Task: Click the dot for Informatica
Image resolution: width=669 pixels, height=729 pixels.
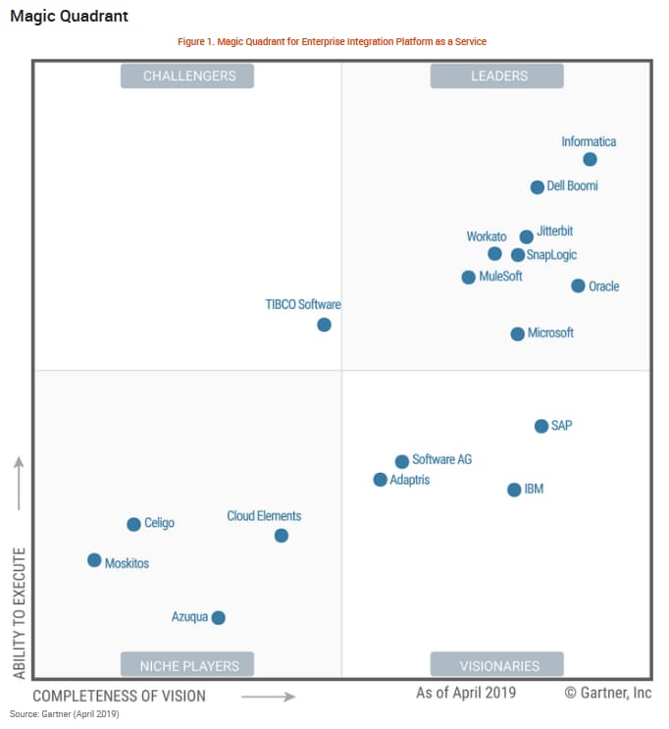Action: pos(590,159)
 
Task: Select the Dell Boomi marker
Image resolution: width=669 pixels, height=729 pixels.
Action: pos(538,187)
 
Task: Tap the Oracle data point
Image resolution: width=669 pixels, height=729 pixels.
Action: pos(579,286)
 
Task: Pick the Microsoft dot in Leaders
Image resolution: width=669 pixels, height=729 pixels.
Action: pos(518,334)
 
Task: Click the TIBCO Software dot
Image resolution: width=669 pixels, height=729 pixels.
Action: pos(324,325)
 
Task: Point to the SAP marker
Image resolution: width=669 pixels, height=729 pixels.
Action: pos(541,426)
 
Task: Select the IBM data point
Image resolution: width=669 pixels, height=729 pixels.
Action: pos(514,490)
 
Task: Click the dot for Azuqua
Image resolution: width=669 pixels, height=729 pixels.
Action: pos(219,617)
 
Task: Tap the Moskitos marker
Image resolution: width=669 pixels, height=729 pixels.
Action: pos(94,560)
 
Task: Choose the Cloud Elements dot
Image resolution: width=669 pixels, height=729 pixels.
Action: pos(282,536)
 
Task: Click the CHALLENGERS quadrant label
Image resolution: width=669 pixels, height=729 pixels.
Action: pos(187,76)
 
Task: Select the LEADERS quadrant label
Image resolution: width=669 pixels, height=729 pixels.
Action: pos(497,76)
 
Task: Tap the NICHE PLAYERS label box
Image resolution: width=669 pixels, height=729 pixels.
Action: pos(187,665)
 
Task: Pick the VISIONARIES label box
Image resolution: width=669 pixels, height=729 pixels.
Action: pos(497,665)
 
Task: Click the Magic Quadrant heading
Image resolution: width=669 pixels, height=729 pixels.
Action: pos(69,17)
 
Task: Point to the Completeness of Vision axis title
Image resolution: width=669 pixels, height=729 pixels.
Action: pos(120,696)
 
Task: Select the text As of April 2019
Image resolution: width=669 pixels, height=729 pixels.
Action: pos(466,693)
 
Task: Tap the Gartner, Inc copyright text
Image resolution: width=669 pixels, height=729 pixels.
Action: pos(607,693)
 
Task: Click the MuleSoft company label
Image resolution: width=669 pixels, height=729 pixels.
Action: pos(500,277)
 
